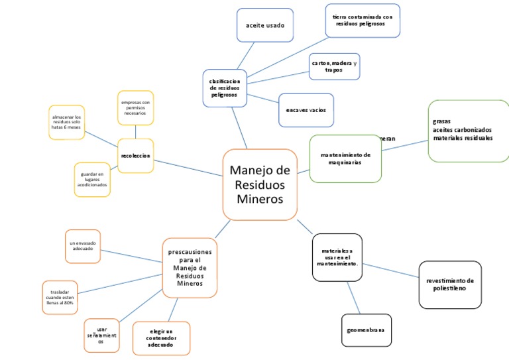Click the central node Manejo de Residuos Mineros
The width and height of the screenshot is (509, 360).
[259, 184]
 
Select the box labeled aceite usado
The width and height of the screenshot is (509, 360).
[264, 26]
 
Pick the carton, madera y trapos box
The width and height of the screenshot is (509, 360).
[334, 66]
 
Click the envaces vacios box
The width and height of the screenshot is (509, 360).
[306, 109]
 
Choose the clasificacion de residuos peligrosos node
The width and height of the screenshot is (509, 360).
[225, 88]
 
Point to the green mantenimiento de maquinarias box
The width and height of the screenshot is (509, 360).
[345, 158]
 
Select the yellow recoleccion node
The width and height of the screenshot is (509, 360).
[136, 156]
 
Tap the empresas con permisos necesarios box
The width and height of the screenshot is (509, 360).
[135, 108]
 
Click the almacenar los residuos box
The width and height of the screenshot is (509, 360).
[66, 122]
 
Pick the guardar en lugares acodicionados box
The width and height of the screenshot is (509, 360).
[92, 180]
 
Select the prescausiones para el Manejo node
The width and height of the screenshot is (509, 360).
[190, 268]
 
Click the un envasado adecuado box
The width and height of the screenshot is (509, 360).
[83, 246]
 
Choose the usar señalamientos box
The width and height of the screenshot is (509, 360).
[101, 335]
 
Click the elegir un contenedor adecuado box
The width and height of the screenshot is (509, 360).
[161, 338]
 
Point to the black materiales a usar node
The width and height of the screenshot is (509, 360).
[337, 257]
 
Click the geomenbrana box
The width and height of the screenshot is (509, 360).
[366, 330]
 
